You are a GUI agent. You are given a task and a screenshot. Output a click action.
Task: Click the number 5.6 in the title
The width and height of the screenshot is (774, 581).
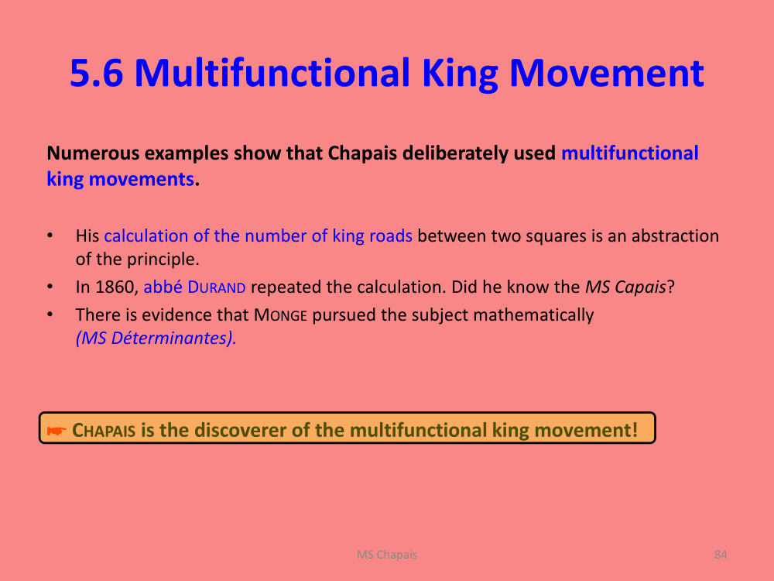pyautogui.click(x=96, y=73)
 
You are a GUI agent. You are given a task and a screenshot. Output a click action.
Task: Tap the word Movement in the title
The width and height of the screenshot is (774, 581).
pyautogui.click(x=607, y=73)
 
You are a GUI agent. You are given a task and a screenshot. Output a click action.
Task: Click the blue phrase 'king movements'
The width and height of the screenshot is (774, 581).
pyautogui.click(x=120, y=179)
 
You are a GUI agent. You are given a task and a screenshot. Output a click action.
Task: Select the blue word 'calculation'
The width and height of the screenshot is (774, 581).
pyautogui.click(x=146, y=235)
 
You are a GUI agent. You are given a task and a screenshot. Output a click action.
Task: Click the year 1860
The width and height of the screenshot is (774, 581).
pyautogui.click(x=115, y=287)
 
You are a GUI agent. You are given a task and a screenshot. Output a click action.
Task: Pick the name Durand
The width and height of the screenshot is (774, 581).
pyautogui.click(x=217, y=287)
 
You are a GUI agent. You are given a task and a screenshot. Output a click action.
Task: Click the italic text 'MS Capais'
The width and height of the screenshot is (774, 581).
pyautogui.click(x=625, y=287)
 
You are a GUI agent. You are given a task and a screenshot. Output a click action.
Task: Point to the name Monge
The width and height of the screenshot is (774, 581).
pyautogui.click(x=280, y=315)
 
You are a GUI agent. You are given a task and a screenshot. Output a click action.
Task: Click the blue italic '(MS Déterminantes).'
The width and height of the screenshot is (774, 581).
pyautogui.click(x=156, y=338)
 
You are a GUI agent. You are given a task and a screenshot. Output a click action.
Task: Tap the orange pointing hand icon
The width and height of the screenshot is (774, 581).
pyautogui.click(x=57, y=431)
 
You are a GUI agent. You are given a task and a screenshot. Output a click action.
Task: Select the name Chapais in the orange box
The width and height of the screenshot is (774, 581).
pyautogui.click(x=104, y=430)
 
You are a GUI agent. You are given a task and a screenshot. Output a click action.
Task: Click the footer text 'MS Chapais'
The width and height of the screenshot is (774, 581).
pyautogui.click(x=387, y=555)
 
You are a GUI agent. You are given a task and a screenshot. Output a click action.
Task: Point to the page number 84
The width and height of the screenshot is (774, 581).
pyautogui.click(x=721, y=555)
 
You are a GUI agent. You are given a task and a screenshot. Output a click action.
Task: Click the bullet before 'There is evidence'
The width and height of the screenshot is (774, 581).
pyautogui.click(x=50, y=315)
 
